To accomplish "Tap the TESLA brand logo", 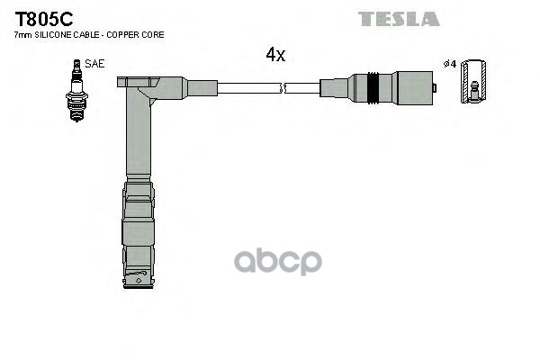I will (399, 19).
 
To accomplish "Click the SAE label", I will (94, 63).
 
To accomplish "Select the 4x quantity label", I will (275, 55).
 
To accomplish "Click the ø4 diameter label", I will (450, 64).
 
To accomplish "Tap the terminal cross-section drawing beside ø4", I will (473, 82).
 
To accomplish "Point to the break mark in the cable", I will (283, 88).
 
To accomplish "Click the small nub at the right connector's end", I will (436, 88).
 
